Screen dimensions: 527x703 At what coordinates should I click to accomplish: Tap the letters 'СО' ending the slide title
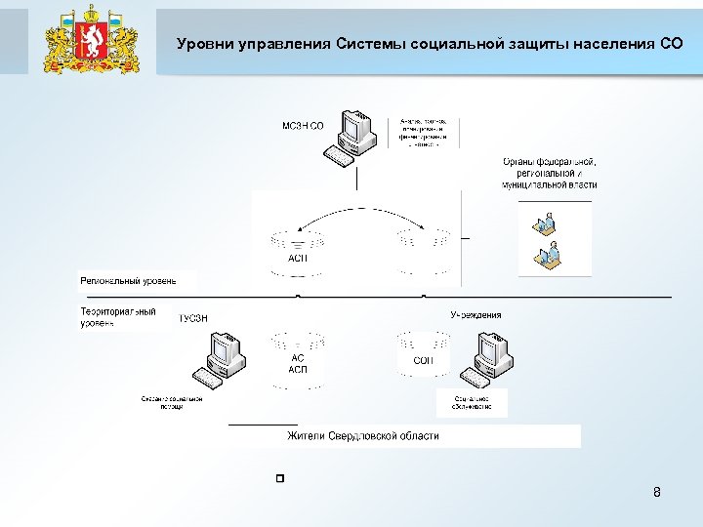pyautogui.click(x=672, y=44)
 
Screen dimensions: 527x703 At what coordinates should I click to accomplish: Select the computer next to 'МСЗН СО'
pyautogui.click(x=351, y=137)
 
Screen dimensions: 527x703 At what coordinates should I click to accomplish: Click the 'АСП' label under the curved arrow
pyautogui.click(x=297, y=259)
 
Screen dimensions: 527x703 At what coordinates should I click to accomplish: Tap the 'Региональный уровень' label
pyautogui.click(x=128, y=281)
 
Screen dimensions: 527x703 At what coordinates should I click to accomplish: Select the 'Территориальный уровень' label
pyautogui.click(x=118, y=316)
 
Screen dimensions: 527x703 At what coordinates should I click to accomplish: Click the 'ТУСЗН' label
pyautogui.click(x=193, y=317)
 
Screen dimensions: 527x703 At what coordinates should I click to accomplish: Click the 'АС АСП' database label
pyautogui.click(x=298, y=363)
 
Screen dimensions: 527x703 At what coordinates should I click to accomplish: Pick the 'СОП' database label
pyautogui.click(x=424, y=360)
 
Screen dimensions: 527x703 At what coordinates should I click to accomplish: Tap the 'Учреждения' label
pyautogui.click(x=476, y=315)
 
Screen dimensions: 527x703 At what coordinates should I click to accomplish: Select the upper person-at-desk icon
pyautogui.click(x=542, y=223)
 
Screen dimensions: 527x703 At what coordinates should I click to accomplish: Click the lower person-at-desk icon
pyautogui.click(x=545, y=257)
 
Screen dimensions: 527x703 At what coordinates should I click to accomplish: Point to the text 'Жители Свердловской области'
pyautogui.click(x=362, y=436)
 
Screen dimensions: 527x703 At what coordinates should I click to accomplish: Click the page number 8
pyautogui.click(x=657, y=492)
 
